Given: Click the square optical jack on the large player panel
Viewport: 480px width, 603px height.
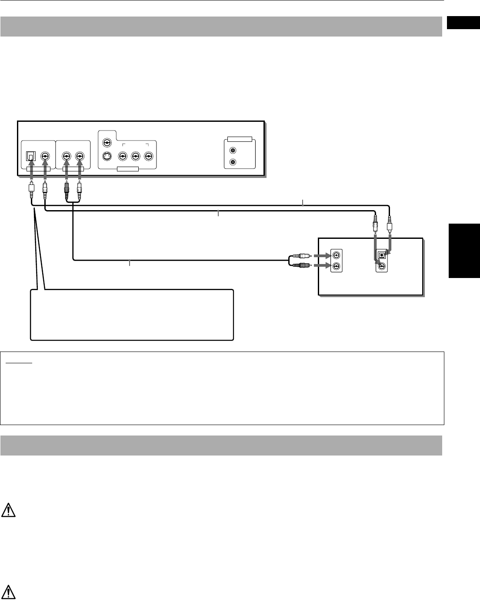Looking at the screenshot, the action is [31, 156].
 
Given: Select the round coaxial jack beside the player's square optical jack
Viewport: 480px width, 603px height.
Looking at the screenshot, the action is [45, 156].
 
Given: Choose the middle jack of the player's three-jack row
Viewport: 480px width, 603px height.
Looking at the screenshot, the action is [135, 156].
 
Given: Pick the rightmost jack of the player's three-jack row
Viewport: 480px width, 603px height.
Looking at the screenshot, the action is [149, 156].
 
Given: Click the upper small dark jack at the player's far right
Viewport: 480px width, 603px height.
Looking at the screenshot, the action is [233, 151].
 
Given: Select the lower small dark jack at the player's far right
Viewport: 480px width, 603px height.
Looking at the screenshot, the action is [233, 162].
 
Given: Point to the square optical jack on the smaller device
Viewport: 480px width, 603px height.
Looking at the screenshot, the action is [382, 255].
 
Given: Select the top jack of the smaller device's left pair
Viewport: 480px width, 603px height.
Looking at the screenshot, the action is [337, 255].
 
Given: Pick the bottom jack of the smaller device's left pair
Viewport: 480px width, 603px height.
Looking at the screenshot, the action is [337, 266].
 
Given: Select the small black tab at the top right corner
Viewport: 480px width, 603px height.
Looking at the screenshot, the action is [463, 23].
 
